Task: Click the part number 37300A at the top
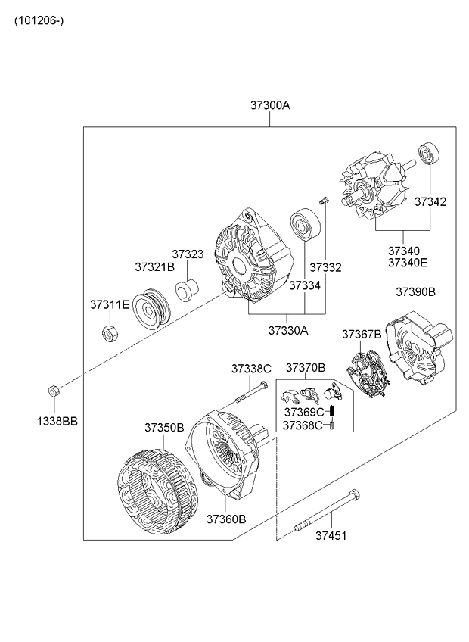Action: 270,107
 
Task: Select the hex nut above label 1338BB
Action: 54,391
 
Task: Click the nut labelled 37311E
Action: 108,331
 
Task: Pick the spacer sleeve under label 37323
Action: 187,291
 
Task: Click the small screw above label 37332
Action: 322,201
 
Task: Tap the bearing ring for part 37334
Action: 306,225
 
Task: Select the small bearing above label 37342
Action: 430,154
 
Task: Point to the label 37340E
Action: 408,263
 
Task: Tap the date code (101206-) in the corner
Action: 37,20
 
